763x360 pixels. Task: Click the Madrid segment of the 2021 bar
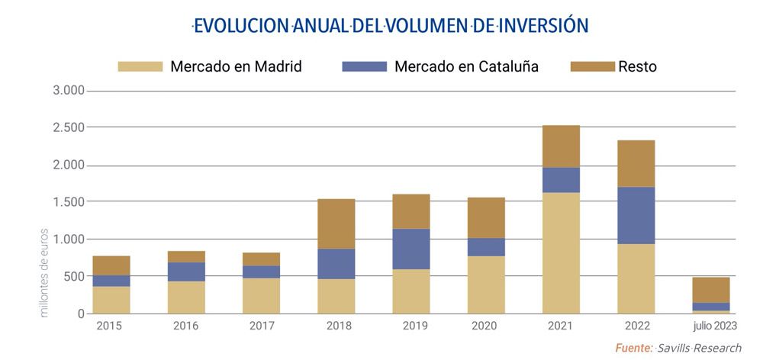click(x=561, y=252)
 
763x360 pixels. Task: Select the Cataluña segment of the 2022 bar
click(x=636, y=215)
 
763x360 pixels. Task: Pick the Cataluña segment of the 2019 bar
click(x=411, y=249)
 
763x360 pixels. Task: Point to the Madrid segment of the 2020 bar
click(x=486, y=284)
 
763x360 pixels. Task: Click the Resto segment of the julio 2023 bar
click(x=710, y=290)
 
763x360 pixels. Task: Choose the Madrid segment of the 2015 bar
click(x=111, y=300)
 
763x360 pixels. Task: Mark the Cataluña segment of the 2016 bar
click(x=186, y=272)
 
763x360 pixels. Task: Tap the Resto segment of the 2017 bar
click(x=261, y=259)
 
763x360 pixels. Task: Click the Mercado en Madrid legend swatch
click(x=140, y=66)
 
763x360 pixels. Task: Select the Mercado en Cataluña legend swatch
click(x=365, y=66)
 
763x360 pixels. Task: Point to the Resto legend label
click(x=639, y=66)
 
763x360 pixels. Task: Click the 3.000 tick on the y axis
click(x=69, y=91)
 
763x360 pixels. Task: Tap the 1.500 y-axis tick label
click(x=69, y=202)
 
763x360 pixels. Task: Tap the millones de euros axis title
click(x=44, y=272)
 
